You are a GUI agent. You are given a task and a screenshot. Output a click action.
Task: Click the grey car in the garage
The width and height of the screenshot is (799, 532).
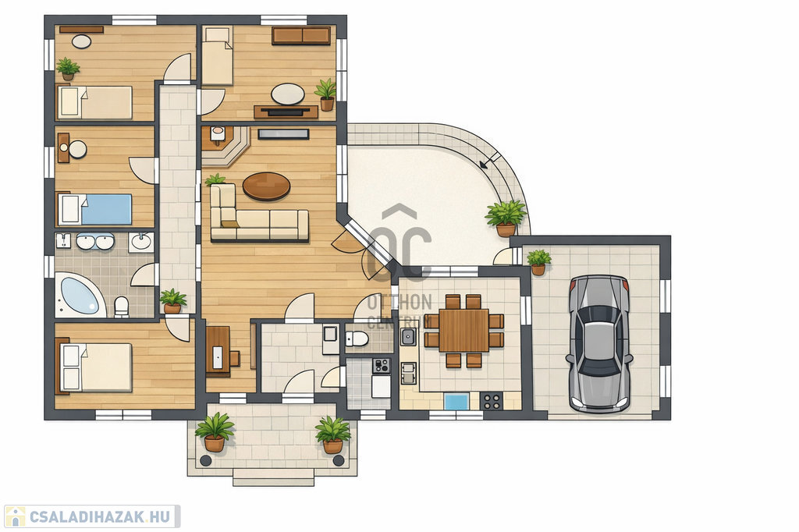599,343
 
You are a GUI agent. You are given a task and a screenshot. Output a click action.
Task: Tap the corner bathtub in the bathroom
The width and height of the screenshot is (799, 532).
79,296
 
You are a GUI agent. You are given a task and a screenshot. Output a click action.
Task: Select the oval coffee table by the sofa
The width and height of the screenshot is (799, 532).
267,186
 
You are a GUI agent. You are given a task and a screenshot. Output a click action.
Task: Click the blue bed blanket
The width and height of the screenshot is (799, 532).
106,209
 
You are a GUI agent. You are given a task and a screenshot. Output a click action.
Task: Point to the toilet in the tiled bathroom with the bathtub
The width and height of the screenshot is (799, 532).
121,307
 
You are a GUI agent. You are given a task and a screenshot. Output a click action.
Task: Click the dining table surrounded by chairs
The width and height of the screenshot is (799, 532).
463,330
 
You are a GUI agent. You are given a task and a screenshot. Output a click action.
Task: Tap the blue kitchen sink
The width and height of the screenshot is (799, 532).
456,401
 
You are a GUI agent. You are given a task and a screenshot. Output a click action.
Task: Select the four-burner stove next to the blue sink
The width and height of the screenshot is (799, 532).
492,401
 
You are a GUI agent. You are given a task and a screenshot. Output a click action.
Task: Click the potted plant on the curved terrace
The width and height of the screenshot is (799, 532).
506,218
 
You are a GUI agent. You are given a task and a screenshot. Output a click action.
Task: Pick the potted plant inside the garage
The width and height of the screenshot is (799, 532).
538,262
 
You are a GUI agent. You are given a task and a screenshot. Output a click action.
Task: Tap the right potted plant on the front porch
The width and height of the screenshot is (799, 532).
332,434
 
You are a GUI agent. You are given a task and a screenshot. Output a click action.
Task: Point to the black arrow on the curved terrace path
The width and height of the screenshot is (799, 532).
490,161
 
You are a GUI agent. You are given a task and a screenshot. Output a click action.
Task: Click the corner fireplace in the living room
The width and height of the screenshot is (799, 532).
225,146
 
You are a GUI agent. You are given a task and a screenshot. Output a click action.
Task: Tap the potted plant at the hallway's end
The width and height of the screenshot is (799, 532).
172,301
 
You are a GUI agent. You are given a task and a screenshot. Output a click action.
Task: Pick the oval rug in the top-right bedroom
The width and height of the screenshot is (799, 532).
288,94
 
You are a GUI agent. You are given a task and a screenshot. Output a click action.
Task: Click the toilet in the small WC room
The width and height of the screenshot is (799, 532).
357,338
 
